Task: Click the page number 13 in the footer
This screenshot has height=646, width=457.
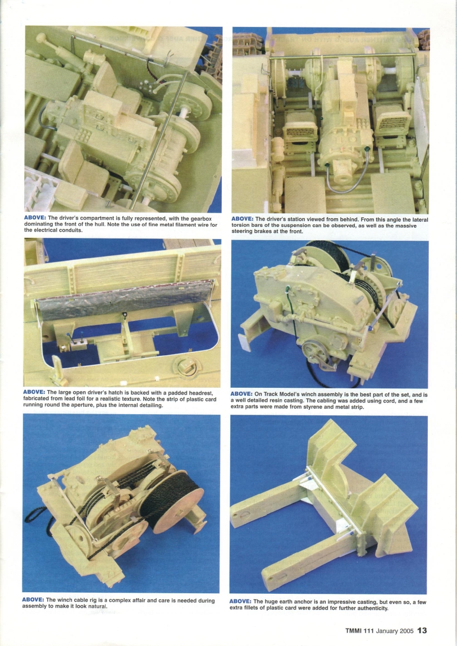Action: (x=422, y=630)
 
